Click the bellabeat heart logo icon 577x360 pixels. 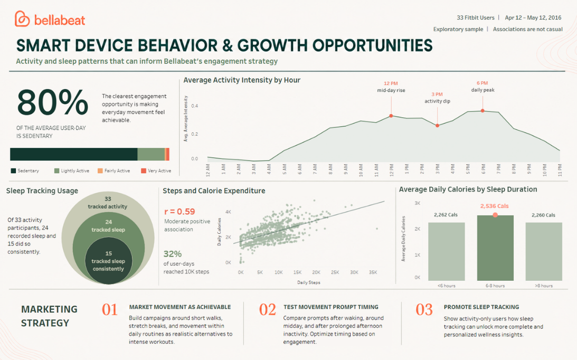(x=22, y=19)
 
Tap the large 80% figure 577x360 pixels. (x=53, y=103)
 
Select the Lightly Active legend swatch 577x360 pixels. (x=56, y=171)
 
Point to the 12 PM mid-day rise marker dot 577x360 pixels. (x=391, y=116)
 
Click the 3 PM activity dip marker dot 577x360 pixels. (x=437, y=126)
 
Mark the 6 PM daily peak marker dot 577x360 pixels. (x=483, y=110)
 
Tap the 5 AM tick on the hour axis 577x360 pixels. (x=285, y=169)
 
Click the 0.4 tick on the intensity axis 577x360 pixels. (x=194, y=106)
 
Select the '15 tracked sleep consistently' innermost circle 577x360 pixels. (x=108, y=261)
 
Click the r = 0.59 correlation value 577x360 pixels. (x=179, y=212)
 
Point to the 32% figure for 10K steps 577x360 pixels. (x=173, y=254)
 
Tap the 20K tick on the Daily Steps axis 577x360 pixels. (x=316, y=272)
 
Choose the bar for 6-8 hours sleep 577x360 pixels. (x=495, y=248)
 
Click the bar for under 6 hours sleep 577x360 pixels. (x=447, y=252)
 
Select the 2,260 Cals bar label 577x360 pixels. (x=543, y=215)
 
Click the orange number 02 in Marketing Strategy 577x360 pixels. (x=267, y=310)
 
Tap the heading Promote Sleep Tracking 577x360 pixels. (x=481, y=307)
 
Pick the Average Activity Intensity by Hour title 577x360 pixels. (x=242, y=80)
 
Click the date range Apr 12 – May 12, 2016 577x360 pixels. (x=533, y=17)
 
